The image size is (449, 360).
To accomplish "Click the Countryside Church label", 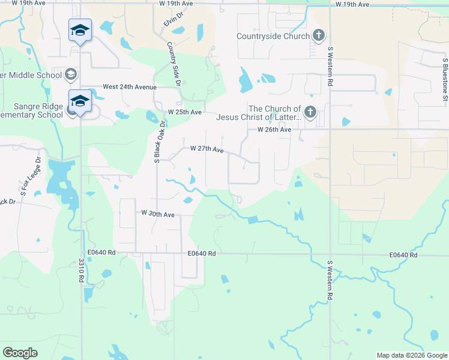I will point(273,36).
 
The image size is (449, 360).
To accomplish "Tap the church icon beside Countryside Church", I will point(319,35).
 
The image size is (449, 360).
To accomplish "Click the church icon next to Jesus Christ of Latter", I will point(310,112).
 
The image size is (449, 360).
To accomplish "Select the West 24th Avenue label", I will point(129,87).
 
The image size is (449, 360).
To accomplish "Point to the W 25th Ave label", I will point(185,112).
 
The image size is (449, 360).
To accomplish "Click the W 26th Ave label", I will point(274,130).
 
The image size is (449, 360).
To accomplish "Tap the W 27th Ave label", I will point(206,149).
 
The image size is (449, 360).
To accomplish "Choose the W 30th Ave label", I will point(158,213).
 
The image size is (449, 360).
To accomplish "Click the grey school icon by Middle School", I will point(71,74).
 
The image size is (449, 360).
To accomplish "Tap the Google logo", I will point(20,353).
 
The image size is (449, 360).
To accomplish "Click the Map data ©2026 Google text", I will point(411,355).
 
